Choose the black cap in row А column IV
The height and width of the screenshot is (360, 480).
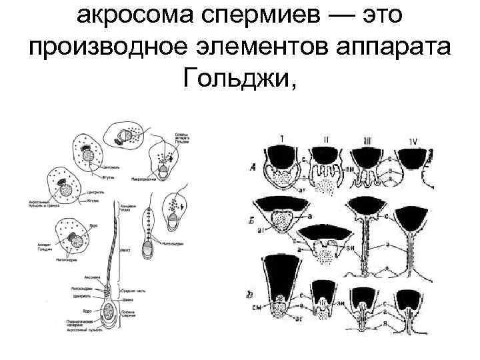pyautogui.click(x=417, y=160)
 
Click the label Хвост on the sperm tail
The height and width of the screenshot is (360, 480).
pyautogui.click(x=125, y=251)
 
